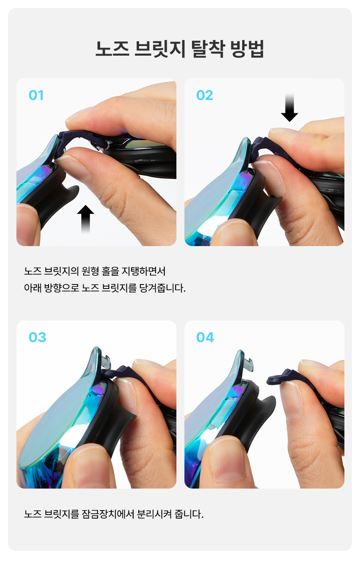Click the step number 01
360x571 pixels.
pyautogui.click(x=36, y=95)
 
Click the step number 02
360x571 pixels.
pyautogui.click(x=204, y=95)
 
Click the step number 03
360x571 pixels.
pyautogui.click(x=37, y=337)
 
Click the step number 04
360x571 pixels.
pyautogui.click(x=205, y=337)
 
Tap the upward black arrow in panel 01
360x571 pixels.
pyautogui.click(x=86, y=219)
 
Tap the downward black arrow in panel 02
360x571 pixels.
pyautogui.click(x=290, y=107)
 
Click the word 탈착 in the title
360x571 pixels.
pyautogui.click(x=208, y=48)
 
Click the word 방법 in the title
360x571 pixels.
pyautogui.click(x=247, y=48)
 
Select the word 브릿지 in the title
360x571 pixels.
pyautogui.click(x=160, y=48)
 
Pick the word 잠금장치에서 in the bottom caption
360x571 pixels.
pyautogui.click(x=108, y=514)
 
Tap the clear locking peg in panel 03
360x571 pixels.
pyautogui.click(x=106, y=362)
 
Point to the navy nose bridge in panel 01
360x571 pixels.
pyautogui.click(x=82, y=139)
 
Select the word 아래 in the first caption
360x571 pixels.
pyautogui.click(x=33, y=288)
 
